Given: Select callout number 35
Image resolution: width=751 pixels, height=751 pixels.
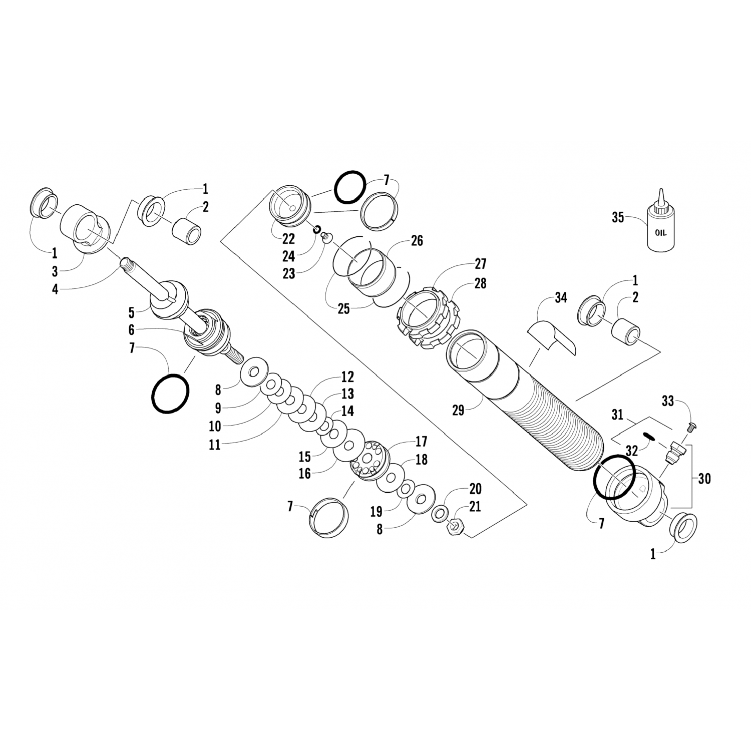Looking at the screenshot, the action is pos(618,218).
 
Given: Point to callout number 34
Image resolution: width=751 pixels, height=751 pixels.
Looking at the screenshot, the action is pos(561,298).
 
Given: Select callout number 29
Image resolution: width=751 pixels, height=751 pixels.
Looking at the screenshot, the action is pos(458,411).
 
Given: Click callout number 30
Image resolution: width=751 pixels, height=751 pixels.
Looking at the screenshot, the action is pos(704,479).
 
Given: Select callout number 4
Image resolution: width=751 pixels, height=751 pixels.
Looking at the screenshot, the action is pos(55,289).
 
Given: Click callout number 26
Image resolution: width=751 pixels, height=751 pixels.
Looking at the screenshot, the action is pos(417,241).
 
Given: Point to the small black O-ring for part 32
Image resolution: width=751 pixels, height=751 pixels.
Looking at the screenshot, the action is pos(649,436).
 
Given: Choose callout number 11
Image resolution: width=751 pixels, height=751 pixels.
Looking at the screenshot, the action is pos(215,444).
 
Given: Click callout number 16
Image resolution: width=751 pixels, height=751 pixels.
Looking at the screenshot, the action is pos(305,473).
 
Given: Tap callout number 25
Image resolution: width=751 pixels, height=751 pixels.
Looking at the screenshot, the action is pos(343,309).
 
